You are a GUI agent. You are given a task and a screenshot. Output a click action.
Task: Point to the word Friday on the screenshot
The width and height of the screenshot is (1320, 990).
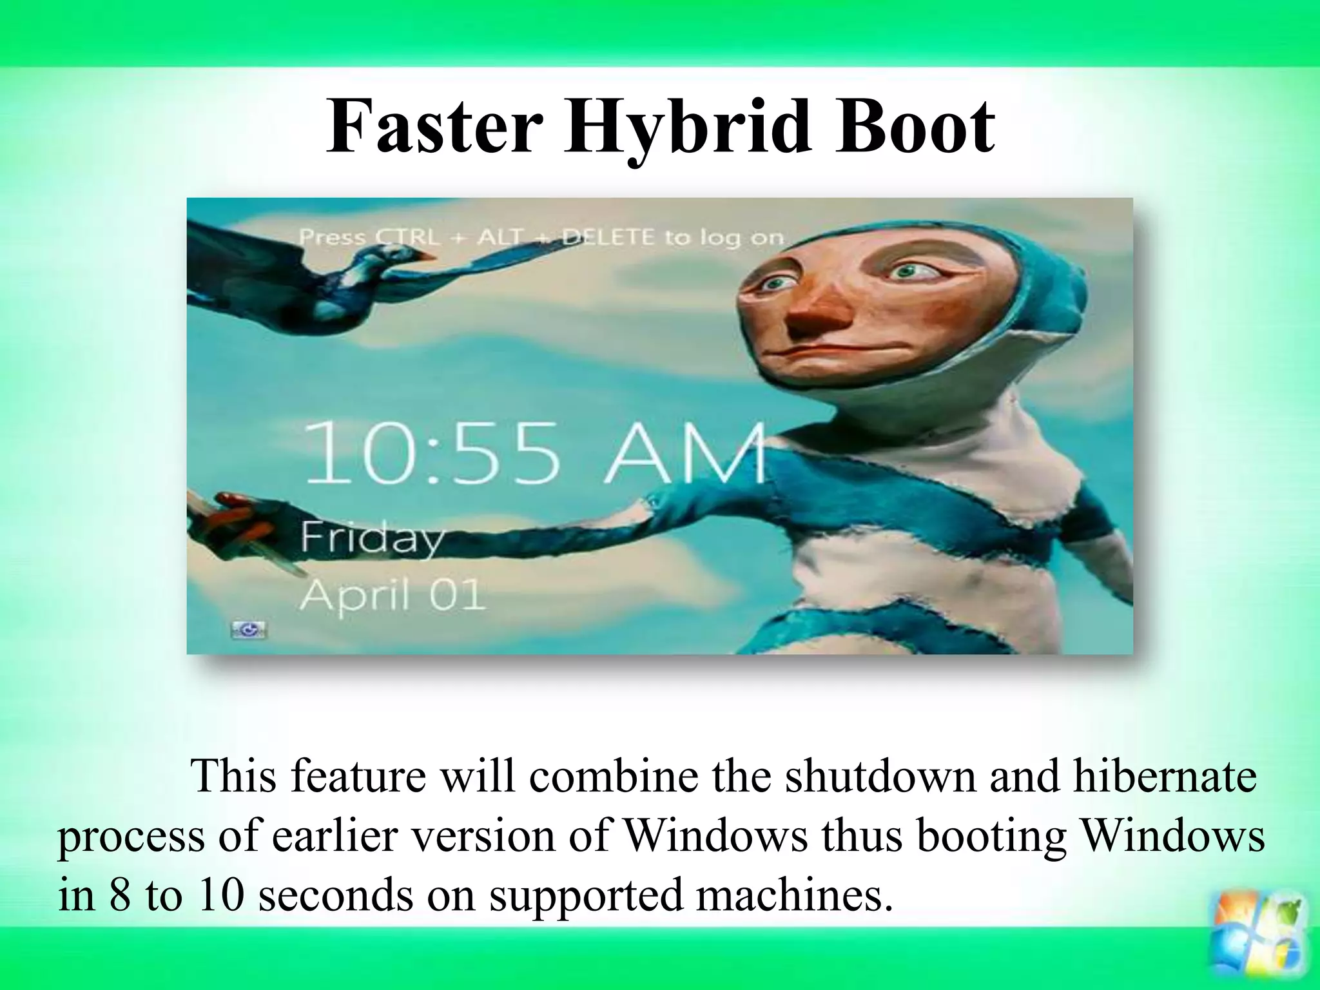coord(372,539)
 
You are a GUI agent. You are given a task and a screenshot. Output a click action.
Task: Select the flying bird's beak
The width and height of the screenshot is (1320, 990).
coord(426,256)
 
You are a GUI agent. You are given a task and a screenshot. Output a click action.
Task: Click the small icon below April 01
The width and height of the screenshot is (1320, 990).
coord(249,630)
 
